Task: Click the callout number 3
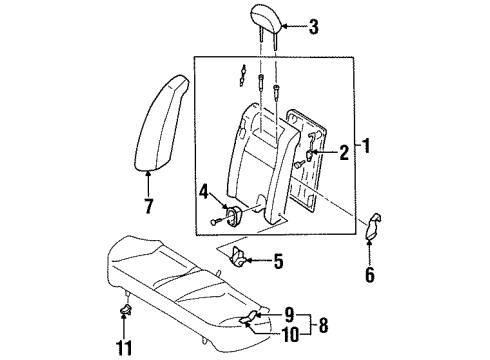(x=313, y=27)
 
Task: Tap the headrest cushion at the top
(x=267, y=19)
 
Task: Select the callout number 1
(x=366, y=146)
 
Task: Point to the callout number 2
(x=344, y=153)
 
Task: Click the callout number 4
(x=204, y=193)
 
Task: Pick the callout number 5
(x=278, y=261)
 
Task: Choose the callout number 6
(x=370, y=275)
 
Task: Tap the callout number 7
(x=149, y=206)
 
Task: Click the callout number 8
(x=323, y=325)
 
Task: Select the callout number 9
(x=289, y=314)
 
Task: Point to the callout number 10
(x=291, y=334)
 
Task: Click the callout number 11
(x=124, y=348)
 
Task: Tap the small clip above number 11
(x=125, y=309)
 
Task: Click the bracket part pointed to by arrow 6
(x=374, y=226)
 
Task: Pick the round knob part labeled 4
(x=233, y=215)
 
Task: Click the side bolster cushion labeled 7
(x=161, y=123)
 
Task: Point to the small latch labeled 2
(x=309, y=155)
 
